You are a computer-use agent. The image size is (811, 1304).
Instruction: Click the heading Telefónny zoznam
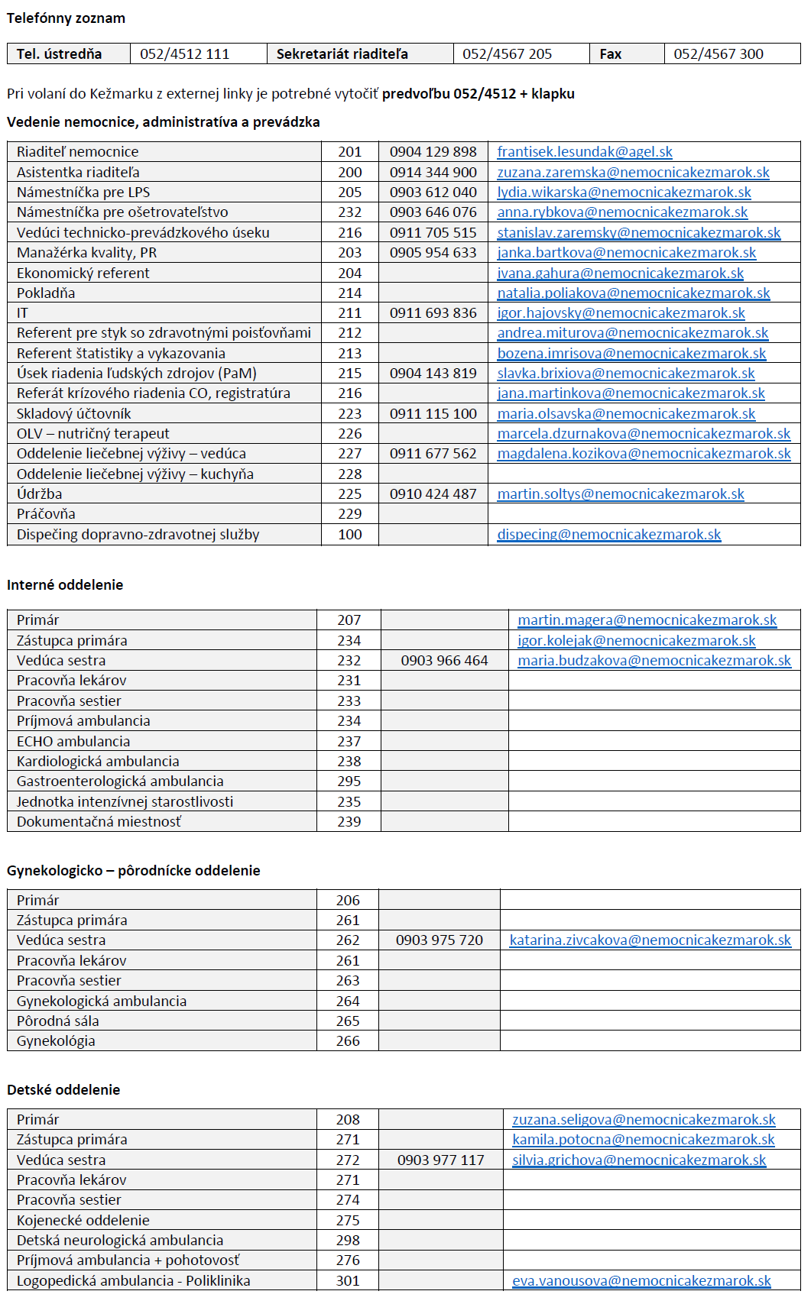pyautogui.click(x=66, y=18)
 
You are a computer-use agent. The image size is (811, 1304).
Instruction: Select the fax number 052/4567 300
pyautogui.click(x=718, y=54)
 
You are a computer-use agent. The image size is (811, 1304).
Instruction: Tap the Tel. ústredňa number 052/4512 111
pyautogui.click(x=184, y=54)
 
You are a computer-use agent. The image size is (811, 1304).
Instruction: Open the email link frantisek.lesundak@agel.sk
pyautogui.click(x=584, y=152)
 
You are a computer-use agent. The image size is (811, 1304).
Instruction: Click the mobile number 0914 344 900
pyautogui.click(x=433, y=173)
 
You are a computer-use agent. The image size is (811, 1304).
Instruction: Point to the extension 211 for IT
pyautogui.click(x=350, y=313)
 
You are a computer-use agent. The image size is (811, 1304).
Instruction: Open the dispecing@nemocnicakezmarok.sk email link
pyautogui.click(x=608, y=535)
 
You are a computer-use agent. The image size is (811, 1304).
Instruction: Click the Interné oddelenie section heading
pyautogui.click(x=65, y=585)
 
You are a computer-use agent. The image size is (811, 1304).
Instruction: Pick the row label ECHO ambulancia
pyautogui.click(x=73, y=742)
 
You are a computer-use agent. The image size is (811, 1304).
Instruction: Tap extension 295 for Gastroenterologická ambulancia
pyautogui.click(x=349, y=781)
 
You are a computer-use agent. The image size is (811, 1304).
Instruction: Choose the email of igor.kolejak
pyautogui.click(x=636, y=641)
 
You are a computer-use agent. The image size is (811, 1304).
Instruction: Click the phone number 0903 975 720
pyautogui.click(x=440, y=940)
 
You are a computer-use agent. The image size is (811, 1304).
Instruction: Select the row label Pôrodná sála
pyautogui.click(x=58, y=1021)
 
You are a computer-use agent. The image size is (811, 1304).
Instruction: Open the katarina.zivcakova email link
pyautogui.click(x=650, y=940)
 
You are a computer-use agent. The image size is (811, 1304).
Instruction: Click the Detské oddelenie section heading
pyautogui.click(x=63, y=1090)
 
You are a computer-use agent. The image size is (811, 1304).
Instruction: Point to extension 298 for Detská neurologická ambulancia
pyautogui.click(x=348, y=1241)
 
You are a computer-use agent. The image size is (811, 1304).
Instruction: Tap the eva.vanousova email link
pyautogui.click(x=641, y=1281)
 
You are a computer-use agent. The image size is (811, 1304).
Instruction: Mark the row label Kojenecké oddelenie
pyautogui.click(x=83, y=1221)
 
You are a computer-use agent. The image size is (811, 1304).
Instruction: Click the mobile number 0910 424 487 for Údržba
pyautogui.click(x=433, y=494)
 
